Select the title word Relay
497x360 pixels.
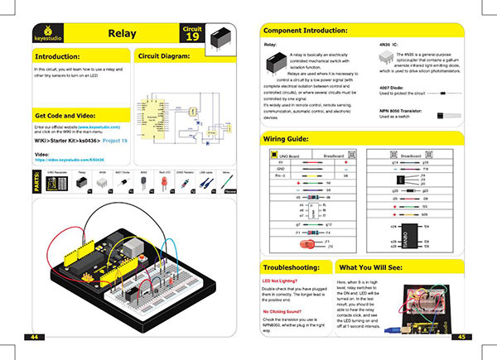pyautogui.click(x=123, y=34)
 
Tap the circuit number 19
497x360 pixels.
pyautogui.click(x=191, y=36)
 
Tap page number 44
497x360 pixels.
pyautogui.click(x=36, y=338)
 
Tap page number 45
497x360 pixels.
pyautogui.click(x=461, y=338)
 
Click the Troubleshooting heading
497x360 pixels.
pyautogui.click(x=295, y=269)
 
